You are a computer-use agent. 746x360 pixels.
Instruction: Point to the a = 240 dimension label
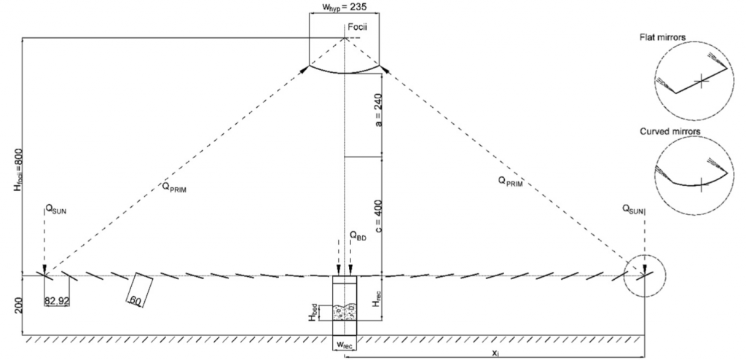(x=379, y=114)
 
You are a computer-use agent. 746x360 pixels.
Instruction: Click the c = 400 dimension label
(x=379, y=215)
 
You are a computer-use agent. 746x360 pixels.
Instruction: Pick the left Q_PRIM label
(x=173, y=187)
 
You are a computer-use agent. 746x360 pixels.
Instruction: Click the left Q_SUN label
(x=55, y=209)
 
